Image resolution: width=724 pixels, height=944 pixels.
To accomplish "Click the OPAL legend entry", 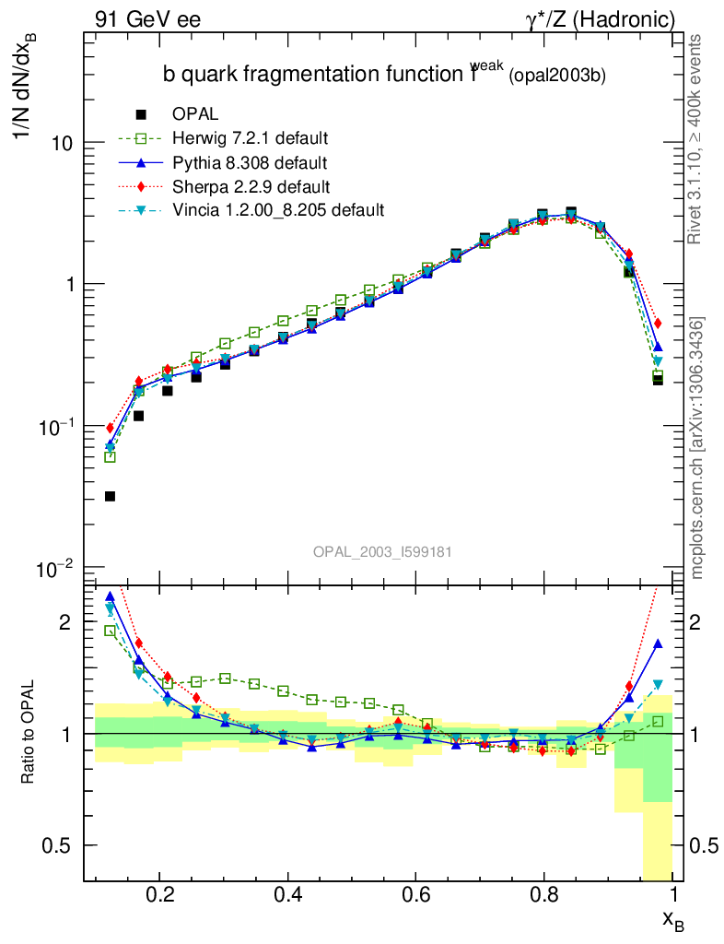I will [x=195, y=114].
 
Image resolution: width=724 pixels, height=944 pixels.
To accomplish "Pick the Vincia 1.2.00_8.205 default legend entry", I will [x=277, y=210].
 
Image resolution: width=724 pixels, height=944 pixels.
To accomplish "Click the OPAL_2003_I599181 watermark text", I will [x=381, y=551].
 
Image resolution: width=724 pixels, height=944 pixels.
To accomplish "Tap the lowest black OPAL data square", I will [x=111, y=496].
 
